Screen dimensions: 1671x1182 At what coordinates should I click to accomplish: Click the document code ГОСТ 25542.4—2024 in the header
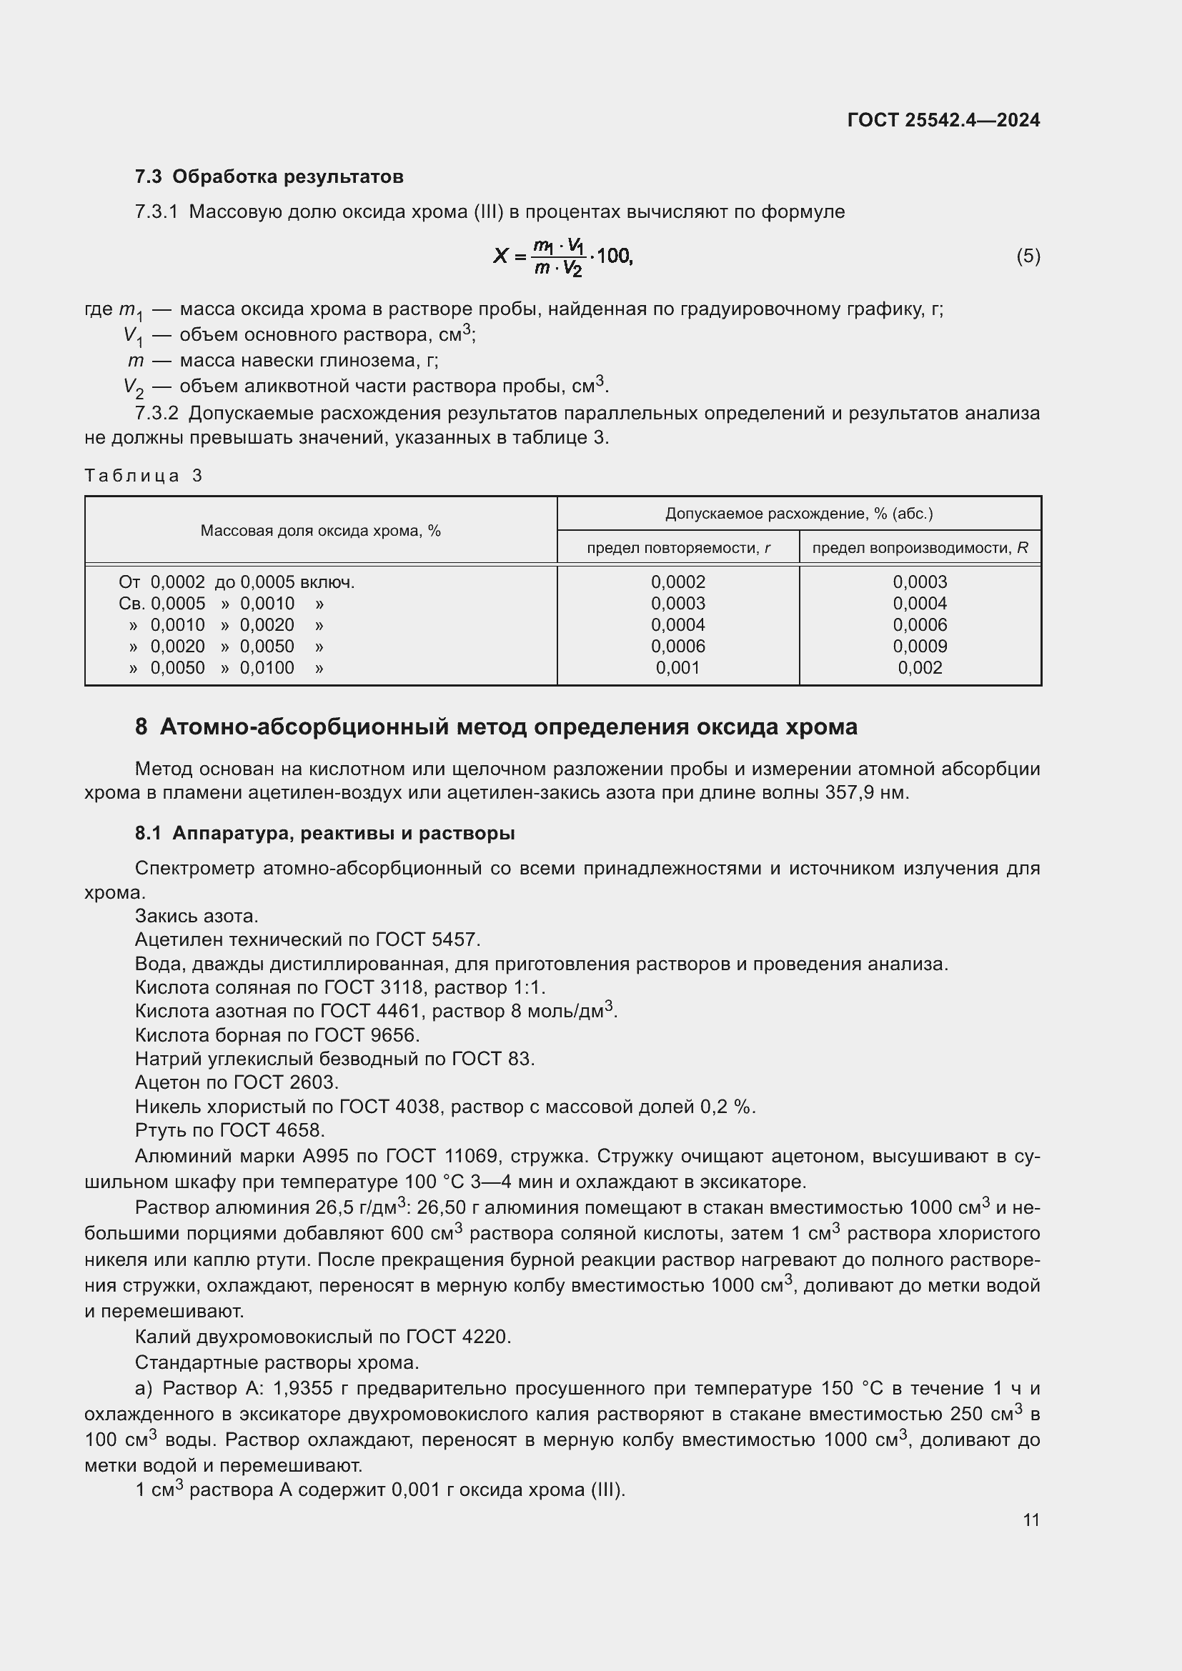coord(943,120)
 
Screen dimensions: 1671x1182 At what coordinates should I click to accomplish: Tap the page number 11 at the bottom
coord(1030,1520)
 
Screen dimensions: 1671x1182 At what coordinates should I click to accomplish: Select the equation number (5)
coord(1028,256)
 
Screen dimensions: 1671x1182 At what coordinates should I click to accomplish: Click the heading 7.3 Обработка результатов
coord(269,177)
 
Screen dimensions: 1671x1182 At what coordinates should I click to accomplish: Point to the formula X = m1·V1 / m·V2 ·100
coord(562,257)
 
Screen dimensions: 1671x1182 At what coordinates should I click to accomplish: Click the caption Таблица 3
coord(143,476)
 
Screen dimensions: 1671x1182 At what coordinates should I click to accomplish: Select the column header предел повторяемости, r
coord(677,548)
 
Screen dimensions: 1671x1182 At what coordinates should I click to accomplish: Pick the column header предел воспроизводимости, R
coord(920,548)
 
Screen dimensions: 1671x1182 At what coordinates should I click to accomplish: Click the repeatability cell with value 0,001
coord(677,668)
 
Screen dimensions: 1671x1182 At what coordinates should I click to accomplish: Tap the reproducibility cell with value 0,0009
coord(920,647)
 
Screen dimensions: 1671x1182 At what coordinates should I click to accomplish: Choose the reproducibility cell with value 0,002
coord(920,668)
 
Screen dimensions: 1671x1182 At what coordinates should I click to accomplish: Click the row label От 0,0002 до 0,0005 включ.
coord(237,582)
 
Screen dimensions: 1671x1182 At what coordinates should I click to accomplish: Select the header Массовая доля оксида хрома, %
coord(320,531)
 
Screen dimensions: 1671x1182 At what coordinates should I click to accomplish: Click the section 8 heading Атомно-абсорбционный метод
coord(496,727)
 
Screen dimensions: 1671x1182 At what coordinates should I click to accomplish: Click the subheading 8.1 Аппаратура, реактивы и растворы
coord(324,833)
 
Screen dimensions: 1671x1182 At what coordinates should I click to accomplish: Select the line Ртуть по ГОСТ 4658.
coord(230,1130)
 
